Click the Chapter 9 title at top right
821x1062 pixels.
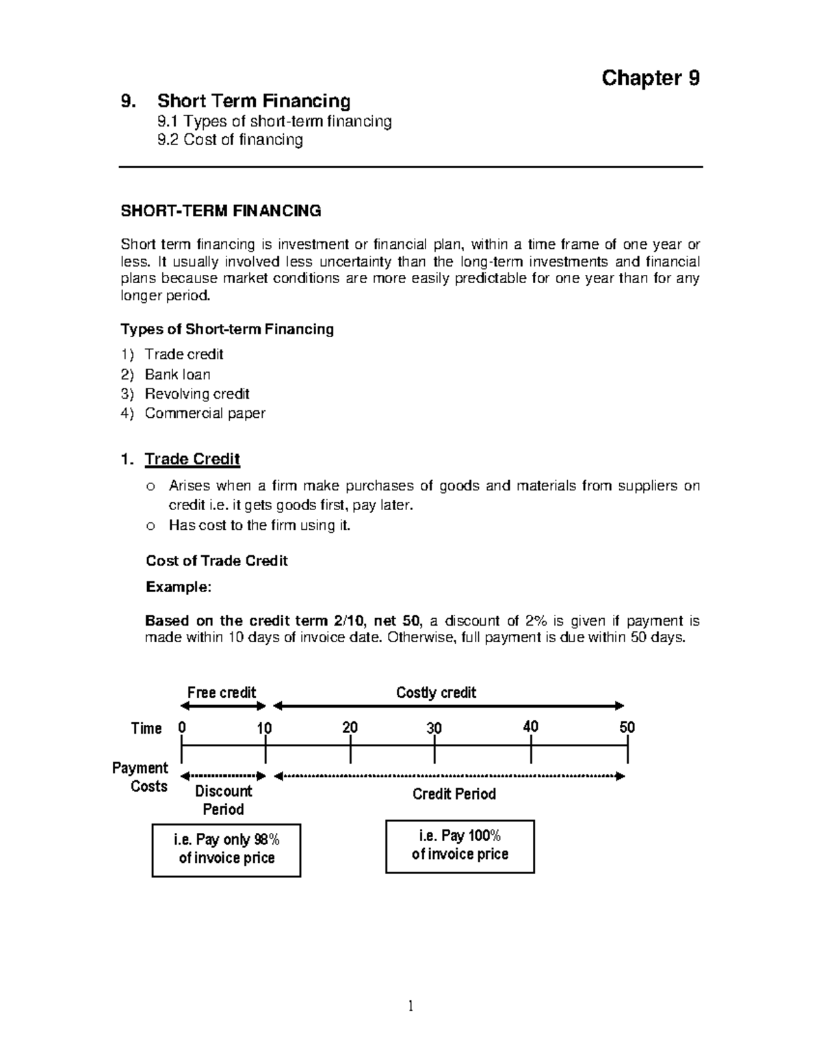click(650, 78)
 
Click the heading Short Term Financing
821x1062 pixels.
click(253, 101)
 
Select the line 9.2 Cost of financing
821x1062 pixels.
click(230, 140)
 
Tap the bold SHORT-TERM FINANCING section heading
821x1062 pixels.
click(220, 211)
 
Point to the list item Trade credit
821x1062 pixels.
click(183, 354)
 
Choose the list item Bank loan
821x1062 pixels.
click(177, 374)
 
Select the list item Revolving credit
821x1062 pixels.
click(196, 394)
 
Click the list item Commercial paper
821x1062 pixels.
click(205, 413)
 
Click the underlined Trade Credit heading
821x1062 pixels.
click(192, 459)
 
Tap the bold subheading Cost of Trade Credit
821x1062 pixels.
click(216, 561)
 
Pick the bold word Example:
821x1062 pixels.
click(179, 587)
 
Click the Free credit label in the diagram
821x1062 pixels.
click(222, 692)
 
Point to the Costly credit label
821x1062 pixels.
click(436, 692)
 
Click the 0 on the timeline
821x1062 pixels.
click(181, 728)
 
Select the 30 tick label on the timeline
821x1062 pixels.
click(434, 728)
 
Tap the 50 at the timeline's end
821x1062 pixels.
click(627, 727)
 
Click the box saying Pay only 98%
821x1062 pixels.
click(226, 849)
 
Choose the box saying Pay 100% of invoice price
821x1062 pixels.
click(460, 845)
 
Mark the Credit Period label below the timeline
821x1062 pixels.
click(454, 794)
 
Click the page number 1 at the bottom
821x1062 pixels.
click(410, 1005)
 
